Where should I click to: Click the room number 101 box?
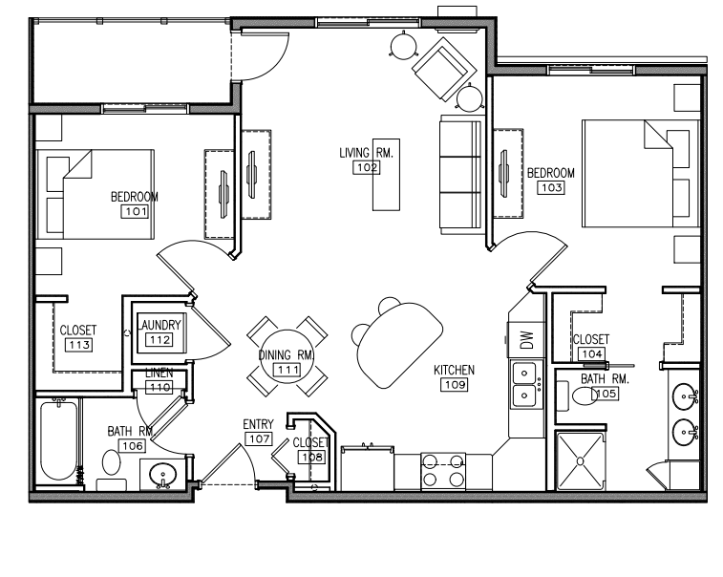click(x=135, y=211)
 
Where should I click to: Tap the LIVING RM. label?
click(x=366, y=153)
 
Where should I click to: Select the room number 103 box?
click(x=551, y=187)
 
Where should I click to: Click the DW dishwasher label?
click(x=526, y=340)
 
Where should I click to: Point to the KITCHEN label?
click(x=454, y=370)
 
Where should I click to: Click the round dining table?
click(x=287, y=356)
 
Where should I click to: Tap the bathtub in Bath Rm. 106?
click(x=58, y=440)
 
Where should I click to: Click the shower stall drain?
click(x=580, y=461)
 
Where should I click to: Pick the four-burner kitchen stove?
click(x=443, y=471)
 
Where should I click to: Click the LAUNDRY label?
click(x=159, y=325)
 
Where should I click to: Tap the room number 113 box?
click(x=79, y=345)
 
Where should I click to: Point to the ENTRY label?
click(x=258, y=424)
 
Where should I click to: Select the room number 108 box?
click(x=311, y=457)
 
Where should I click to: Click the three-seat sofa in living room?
click(x=460, y=175)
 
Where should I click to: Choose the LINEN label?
click(x=159, y=374)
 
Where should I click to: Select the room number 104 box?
click(x=591, y=353)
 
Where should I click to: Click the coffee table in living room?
click(x=386, y=175)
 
